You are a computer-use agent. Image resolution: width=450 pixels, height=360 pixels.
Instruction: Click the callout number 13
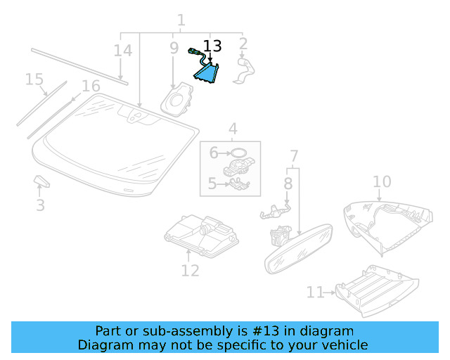212,46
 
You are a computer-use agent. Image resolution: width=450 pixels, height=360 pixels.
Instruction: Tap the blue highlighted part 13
209,73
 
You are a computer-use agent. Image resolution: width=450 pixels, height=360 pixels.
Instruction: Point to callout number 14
123,51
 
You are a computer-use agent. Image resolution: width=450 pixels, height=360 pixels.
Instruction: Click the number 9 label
174,49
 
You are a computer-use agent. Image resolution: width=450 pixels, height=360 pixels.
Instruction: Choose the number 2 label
243,45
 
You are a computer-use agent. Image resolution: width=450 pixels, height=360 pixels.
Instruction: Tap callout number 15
34,79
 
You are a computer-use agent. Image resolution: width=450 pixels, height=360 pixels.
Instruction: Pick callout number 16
91,86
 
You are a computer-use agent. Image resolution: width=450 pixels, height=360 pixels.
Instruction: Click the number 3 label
40,205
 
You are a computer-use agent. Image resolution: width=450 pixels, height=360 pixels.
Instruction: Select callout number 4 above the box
232,129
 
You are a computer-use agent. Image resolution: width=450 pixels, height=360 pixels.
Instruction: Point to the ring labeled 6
238,152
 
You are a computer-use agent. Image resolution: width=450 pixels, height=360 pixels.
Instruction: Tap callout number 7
294,155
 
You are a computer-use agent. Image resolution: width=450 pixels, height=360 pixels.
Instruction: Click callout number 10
381,182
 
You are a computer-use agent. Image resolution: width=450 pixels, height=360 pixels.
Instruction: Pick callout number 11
314,292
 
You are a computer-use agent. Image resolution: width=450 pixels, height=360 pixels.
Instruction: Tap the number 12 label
190,271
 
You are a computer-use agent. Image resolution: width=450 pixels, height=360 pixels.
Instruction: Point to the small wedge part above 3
42,181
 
